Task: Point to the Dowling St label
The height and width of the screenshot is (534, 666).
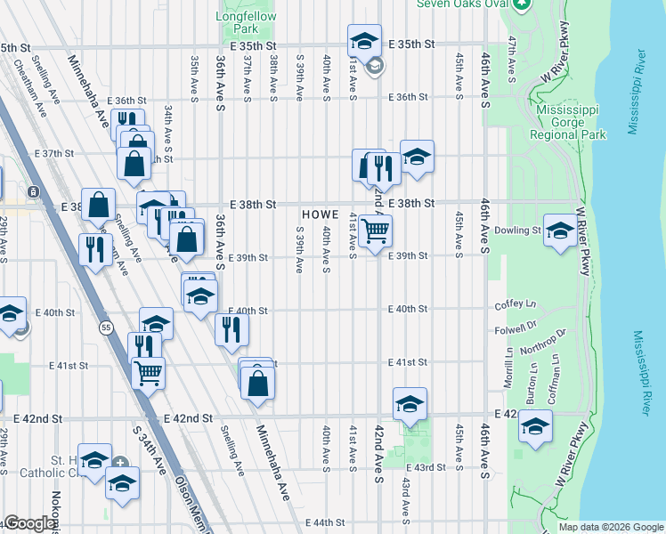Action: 517,231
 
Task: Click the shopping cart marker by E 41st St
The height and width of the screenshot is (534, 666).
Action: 148,371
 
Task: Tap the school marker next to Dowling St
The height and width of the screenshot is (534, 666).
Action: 559,231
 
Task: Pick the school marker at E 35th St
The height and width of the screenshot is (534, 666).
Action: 363,40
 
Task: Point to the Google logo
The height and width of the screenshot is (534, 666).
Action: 29,524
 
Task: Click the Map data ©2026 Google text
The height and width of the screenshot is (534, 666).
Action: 610,527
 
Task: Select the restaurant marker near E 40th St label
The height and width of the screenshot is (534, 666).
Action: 231,329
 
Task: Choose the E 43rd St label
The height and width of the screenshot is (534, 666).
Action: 424,467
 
